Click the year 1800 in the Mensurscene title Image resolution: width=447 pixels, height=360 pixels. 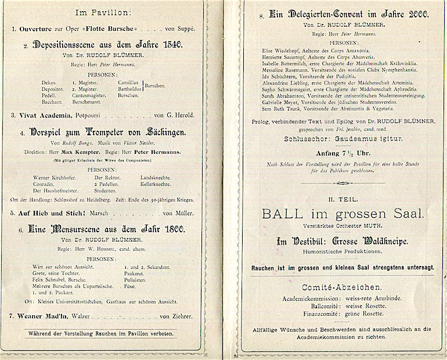[x=172, y=229]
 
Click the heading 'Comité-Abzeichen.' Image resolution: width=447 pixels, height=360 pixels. [x=341, y=288]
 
